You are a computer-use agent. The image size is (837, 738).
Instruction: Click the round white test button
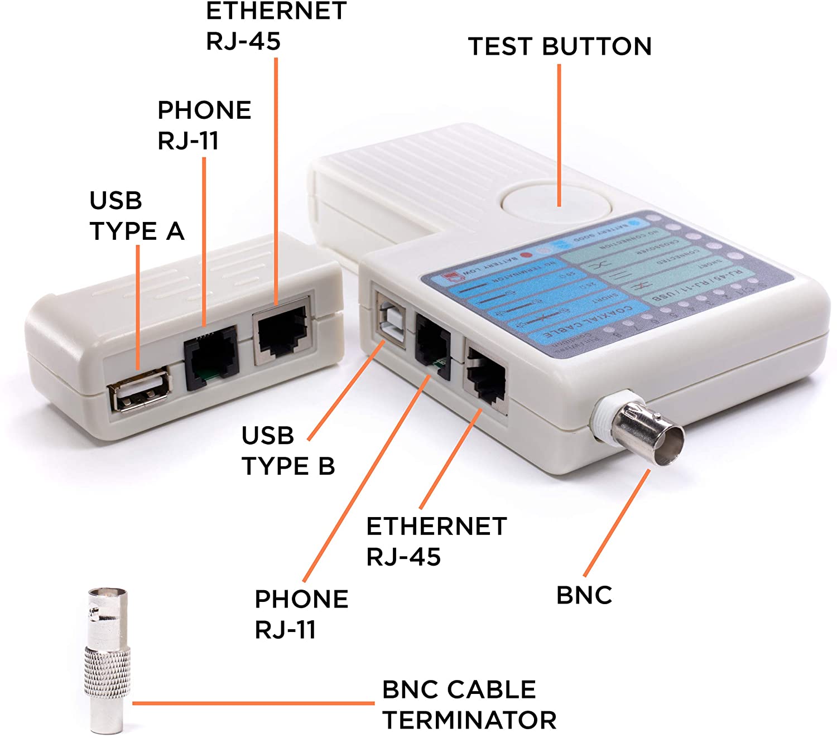(x=556, y=205)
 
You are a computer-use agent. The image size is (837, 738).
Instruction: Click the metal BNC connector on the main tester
(x=647, y=431)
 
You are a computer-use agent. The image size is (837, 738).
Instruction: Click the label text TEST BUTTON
(x=560, y=46)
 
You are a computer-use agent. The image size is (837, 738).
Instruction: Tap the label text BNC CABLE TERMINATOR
(x=469, y=705)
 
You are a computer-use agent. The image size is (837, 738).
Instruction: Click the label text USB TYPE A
(x=137, y=216)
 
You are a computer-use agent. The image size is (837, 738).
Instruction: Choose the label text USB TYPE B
(x=288, y=451)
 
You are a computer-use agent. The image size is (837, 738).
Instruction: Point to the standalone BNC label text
(x=584, y=595)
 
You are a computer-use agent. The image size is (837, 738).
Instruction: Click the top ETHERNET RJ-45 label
(x=276, y=26)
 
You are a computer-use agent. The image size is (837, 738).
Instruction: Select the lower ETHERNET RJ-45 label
(x=436, y=541)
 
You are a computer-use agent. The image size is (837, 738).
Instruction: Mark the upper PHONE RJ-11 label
(x=204, y=126)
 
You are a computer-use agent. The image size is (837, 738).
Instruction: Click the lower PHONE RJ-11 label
(x=301, y=614)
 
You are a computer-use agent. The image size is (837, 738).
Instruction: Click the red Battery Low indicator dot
(x=525, y=255)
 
